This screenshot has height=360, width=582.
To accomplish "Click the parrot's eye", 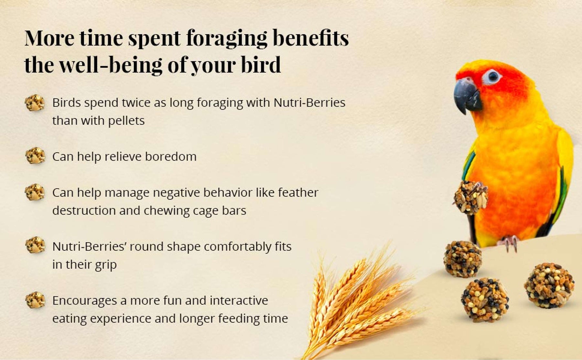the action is coord(493,77).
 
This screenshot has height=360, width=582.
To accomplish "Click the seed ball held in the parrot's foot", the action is coord(470,197).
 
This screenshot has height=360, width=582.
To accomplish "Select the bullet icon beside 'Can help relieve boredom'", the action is coord(35,156).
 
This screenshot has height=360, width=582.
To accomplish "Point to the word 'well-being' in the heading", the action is coord(111,65).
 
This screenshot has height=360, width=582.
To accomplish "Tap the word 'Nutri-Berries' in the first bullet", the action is coord(309,102).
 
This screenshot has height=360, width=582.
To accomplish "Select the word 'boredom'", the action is coord(170,156).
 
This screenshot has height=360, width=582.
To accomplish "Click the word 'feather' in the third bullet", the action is coord(298,192).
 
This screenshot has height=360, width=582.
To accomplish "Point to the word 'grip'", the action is coord(106,265).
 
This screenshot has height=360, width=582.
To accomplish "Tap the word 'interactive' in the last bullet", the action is coord(239,301).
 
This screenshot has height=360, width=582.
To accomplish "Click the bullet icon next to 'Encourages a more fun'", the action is coord(35,300).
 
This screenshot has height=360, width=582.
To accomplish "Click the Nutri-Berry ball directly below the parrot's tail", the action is coord(463,259).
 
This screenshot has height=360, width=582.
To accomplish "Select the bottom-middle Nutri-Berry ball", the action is coord(485,300).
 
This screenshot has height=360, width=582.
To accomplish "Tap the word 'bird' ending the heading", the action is coord(261,65).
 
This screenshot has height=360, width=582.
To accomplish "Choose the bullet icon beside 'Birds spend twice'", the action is coord(35,103).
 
